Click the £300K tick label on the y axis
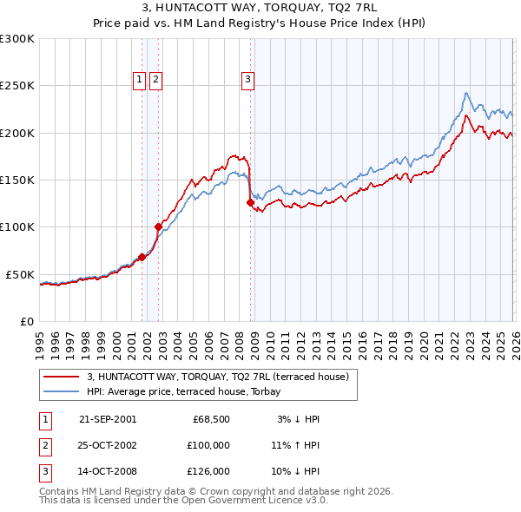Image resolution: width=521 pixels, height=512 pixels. click(17, 39)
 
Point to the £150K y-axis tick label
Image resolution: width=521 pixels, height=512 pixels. click(17, 181)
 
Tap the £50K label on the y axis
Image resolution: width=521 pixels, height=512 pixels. click(20, 274)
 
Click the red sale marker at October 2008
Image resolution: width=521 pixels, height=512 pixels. click(250, 203)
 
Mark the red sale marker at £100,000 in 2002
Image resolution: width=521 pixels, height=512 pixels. click(159, 227)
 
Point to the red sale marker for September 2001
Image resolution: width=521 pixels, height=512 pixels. click(142, 257)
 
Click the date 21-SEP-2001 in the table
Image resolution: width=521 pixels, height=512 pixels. click(107, 419)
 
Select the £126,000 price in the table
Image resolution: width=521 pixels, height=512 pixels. click(208, 471)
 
